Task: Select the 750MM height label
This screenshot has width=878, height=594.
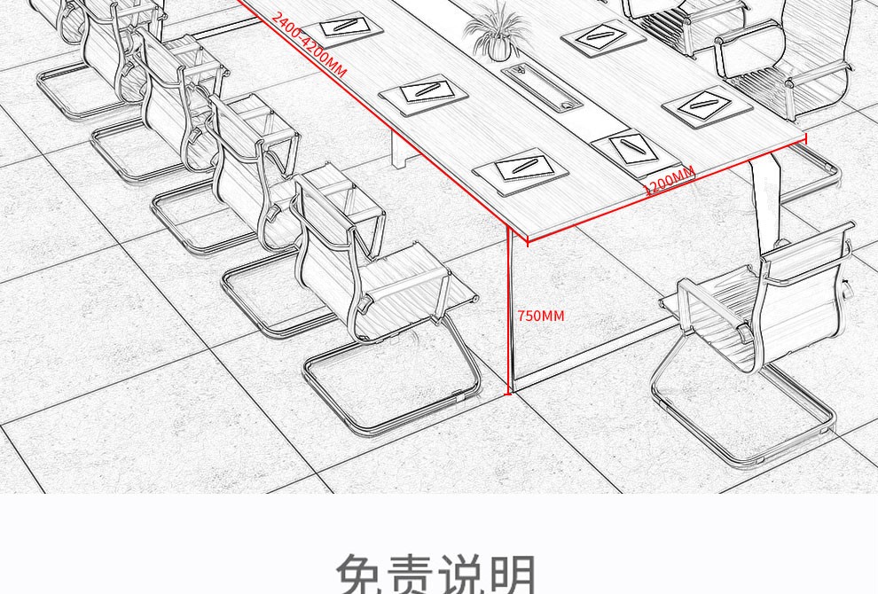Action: pos(540,316)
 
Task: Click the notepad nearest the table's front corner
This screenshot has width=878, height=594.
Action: pos(521,169)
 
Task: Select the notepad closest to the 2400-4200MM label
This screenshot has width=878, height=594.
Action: pos(350,27)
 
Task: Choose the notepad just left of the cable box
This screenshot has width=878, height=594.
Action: pos(424,94)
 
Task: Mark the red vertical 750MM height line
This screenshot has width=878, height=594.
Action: pos(509,310)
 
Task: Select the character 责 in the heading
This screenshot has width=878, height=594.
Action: pos(413,574)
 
